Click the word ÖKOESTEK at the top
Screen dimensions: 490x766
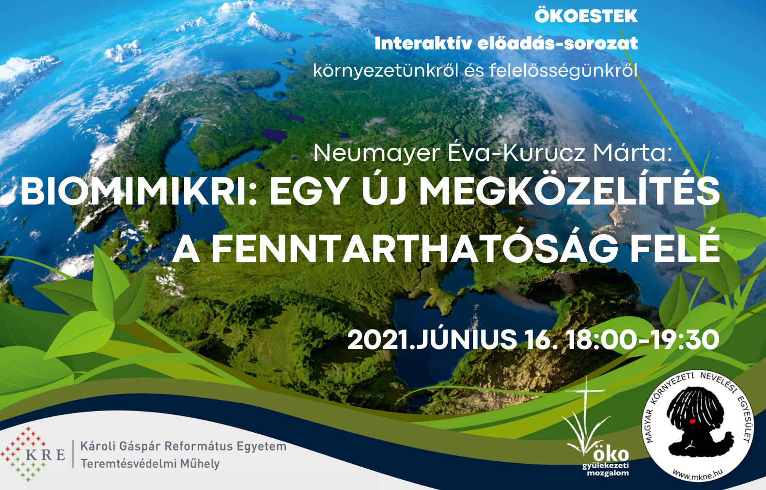[586, 16]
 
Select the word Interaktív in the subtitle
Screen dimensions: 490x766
[423, 44]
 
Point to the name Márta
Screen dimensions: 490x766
[632, 153]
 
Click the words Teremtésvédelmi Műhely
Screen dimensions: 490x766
[150, 464]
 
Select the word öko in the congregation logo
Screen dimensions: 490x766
[611, 454]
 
